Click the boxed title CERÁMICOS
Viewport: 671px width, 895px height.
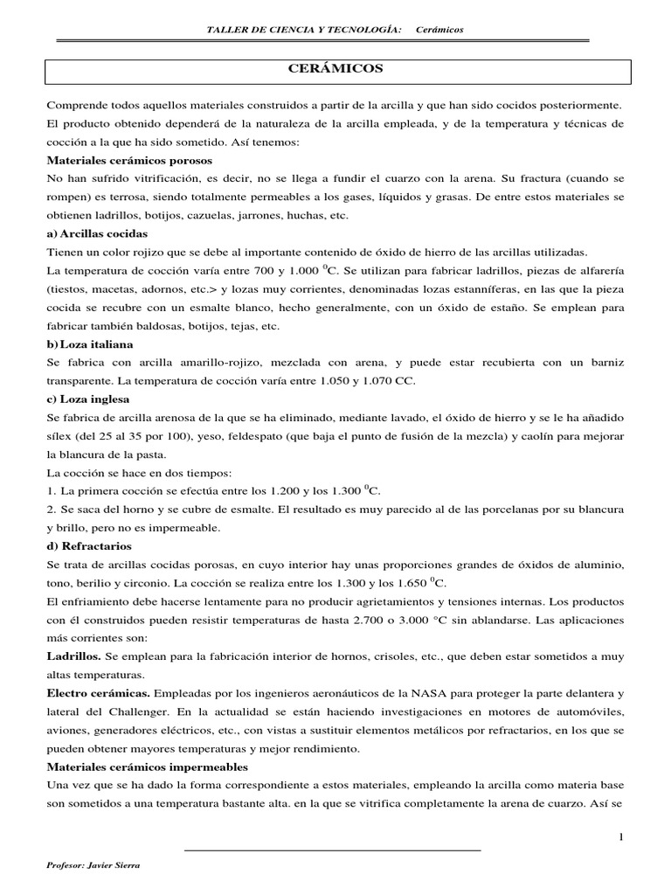point(335,67)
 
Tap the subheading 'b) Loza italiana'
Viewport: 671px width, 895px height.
point(90,344)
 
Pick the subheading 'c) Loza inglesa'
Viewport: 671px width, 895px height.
point(89,400)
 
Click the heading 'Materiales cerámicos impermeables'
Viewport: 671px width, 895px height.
point(147,766)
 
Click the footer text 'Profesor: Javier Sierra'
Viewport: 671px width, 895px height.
point(93,865)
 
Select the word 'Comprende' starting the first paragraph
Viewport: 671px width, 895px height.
point(77,105)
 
